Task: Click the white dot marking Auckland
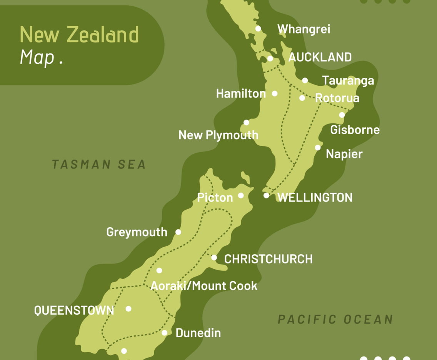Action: (x=270, y=58)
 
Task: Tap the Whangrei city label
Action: (x=304, y=29)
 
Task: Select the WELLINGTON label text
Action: (x=315, y=197)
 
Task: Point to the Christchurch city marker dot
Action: (x=214, y=258)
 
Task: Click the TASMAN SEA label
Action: (x=99, y=165)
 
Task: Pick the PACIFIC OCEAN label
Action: (x=335, y=319)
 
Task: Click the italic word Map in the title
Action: (x=37, y=57)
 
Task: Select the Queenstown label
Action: (x=74, y=310)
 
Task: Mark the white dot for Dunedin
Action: (x=164, y=333)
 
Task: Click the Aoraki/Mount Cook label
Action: (x=203, y=286)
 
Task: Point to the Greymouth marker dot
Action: (x=178, y=232)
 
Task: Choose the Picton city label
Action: (x=215, y=198)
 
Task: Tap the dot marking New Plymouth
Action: (x=246, y=123)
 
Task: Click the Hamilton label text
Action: (x=241, y=93)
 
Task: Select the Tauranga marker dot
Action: (x=305, y=80)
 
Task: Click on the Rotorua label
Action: (x=337, y=98)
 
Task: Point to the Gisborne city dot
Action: (x=342, y=115)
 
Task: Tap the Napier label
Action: (x=344, y=154)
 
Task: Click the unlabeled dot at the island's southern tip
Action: (x=124, y=351)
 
